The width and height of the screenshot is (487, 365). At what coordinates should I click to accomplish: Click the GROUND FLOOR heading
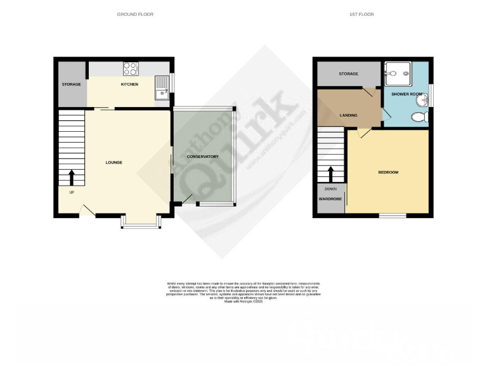[x=135, y=14]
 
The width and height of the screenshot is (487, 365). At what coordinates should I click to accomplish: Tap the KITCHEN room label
[x=129, y=84]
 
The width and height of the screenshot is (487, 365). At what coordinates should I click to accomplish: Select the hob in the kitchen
[x=131, y=67]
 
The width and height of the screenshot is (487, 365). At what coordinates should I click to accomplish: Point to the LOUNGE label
[x=114, y=163]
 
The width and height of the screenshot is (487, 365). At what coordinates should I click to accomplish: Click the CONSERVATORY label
[x=203, y=157]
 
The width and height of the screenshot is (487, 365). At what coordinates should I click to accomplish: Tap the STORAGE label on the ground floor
[x=71, y=84]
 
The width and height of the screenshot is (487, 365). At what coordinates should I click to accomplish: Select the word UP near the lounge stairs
[x=71, y=193]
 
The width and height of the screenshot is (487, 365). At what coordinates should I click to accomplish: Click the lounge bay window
[x=141, y=224]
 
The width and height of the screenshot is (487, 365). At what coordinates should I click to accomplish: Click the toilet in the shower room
[x=418, y=117]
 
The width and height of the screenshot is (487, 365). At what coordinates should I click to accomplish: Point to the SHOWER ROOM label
[x=406, y=94]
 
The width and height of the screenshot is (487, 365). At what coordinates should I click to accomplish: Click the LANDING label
[x=349, y=115]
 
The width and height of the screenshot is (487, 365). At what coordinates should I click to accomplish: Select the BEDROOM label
[x=388, y=172]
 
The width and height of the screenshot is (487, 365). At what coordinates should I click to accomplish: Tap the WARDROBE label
[x=330, y=199]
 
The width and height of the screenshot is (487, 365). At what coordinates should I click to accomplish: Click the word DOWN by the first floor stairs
[x=330, y=189]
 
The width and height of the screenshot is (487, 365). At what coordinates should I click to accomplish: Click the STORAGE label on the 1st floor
[x=348, y=75]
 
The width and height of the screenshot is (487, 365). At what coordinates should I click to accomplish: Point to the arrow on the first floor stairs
[x=330, y=173]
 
